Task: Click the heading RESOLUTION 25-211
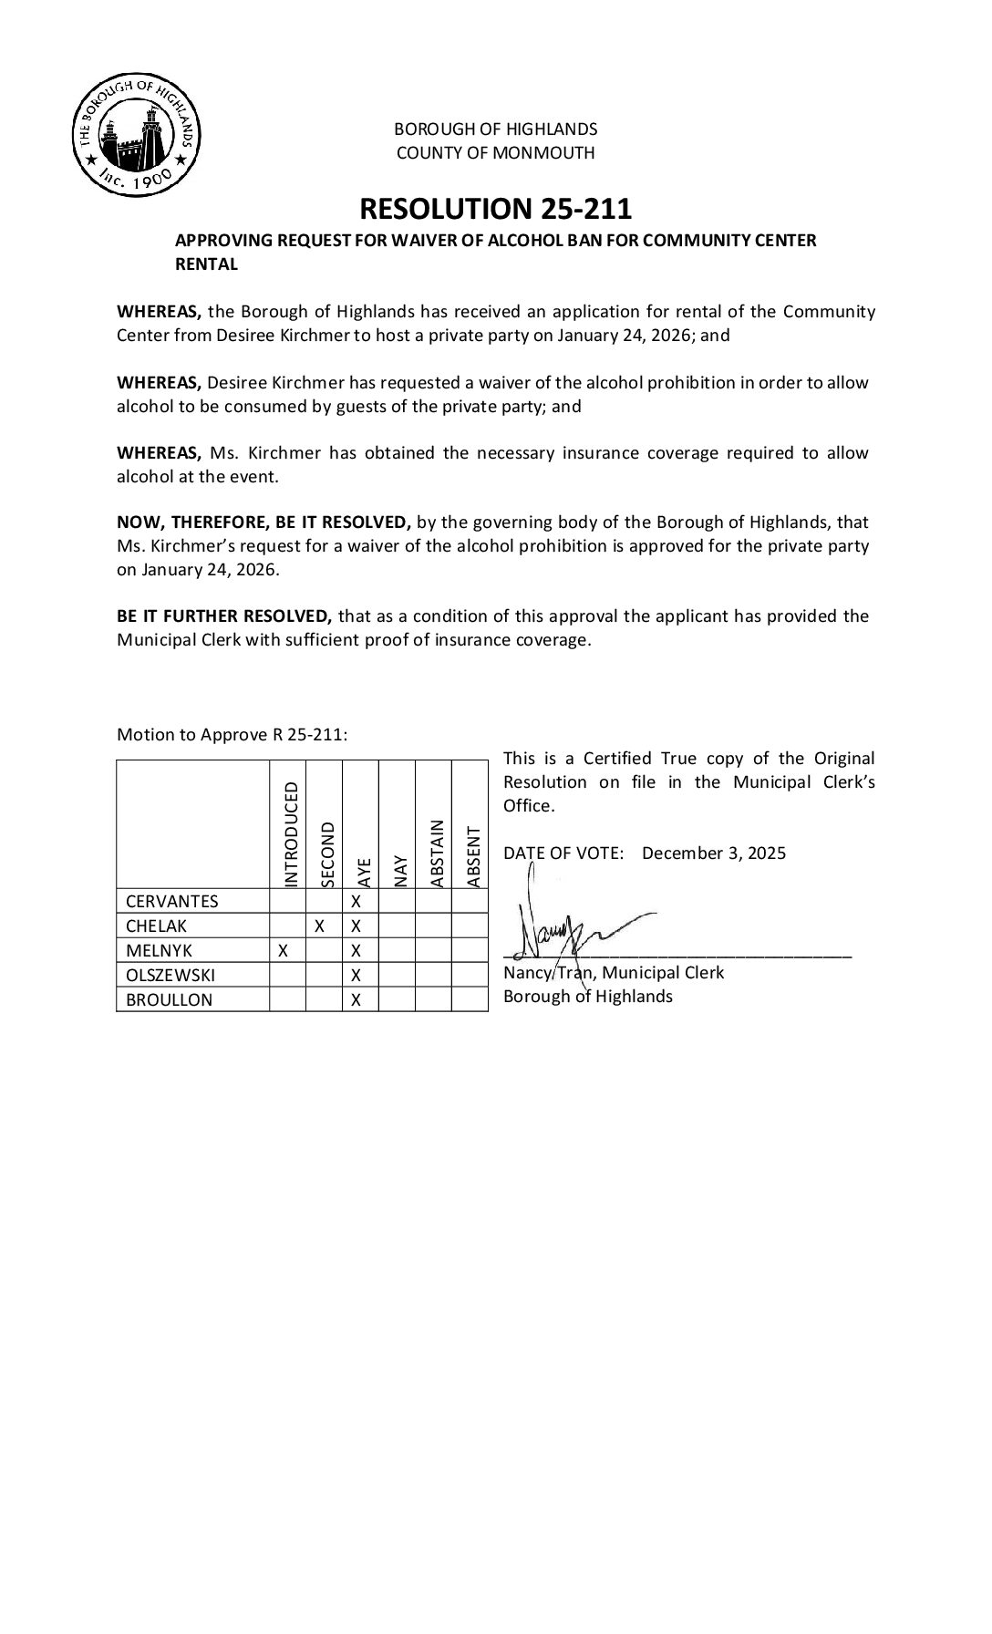[495, 209]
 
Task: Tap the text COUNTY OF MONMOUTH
[495, 153]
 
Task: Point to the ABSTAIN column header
[436, 853]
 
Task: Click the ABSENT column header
[472, 857]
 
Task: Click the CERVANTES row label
[172, 902]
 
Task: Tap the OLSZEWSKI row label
[170, 975]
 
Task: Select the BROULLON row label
[169, 999]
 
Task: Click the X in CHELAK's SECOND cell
[320, 926]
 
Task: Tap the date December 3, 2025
[713, 853]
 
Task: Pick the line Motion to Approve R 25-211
[232, 735]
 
